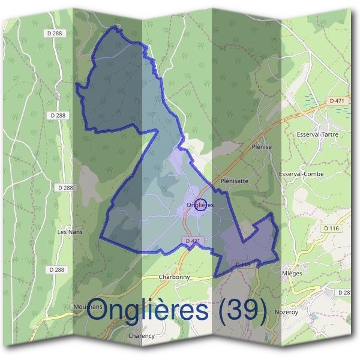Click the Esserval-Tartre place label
coord(317,134)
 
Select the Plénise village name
coord(262,147)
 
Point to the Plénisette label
coord(235,180)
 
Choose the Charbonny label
coord(175,277)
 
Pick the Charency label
coord(142,336)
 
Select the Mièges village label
coord(292,272)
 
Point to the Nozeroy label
coord(286,313)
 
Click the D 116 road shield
coord(331,228)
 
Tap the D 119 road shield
coord(243,264)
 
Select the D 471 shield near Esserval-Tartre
coord(336,101)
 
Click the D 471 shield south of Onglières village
coord(193,241)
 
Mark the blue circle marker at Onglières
coord(202,205)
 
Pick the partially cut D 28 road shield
coord(344,292)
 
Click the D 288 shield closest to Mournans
coord(58,270)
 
